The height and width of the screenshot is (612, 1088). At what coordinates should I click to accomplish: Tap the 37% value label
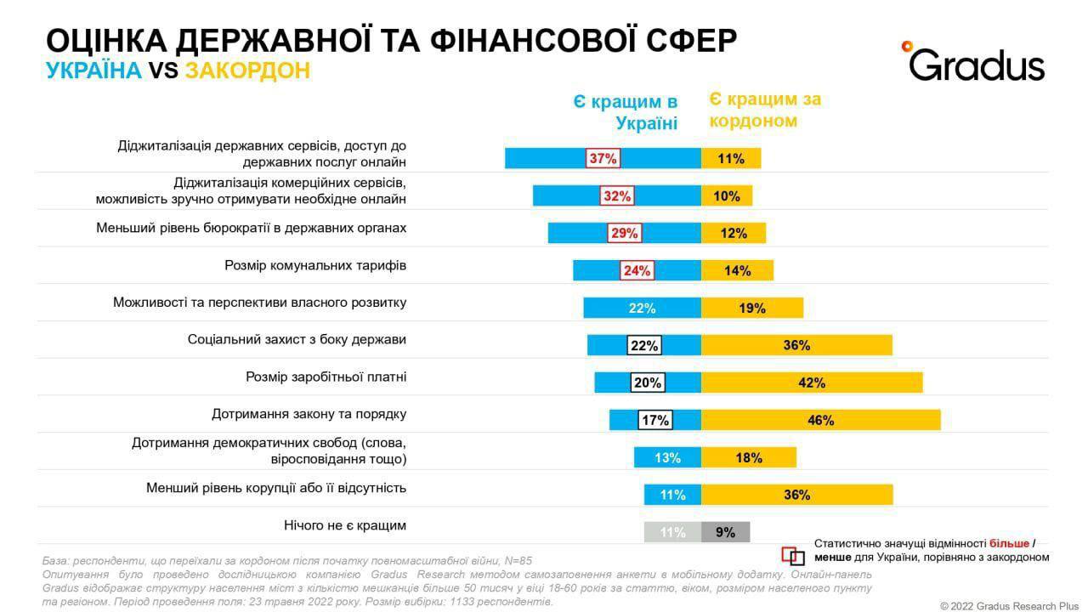[x=603, y=158]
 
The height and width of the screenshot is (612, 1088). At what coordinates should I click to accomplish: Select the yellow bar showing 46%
[x=821, y=420]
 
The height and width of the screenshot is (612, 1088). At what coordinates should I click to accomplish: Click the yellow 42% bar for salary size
[x=812, y=382]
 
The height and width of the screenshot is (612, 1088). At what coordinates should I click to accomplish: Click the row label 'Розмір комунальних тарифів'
[x=315, y=265]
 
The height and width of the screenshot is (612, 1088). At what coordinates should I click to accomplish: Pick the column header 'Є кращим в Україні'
[x=625, y=112]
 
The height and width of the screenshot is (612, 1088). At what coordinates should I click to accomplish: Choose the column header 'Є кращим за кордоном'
[x=765, y=110]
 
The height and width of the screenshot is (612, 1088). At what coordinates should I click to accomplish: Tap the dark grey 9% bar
[x=725, y=532]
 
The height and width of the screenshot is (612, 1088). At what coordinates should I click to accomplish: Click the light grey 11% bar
[x=672, y=532]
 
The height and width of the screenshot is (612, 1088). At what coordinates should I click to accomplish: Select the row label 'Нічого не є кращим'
[x=344, y=525]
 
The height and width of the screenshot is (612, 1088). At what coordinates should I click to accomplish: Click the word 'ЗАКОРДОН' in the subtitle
[x=247, y=71]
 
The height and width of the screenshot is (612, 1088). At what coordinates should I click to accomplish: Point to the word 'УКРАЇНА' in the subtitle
[x=93, y=71]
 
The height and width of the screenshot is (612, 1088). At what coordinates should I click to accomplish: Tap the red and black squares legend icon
[x=792, y=556]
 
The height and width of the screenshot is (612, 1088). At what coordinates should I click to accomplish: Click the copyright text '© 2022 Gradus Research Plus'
[x=1007, y=604]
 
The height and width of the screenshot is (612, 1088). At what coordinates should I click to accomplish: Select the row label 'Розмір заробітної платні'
[x=326, y=377]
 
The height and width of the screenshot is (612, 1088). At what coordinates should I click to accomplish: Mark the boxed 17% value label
[x=654, y=420]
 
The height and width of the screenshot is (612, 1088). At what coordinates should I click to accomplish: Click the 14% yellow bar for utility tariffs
[x=737, y=270]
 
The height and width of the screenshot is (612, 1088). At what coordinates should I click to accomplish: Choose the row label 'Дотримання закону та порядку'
[x=309, y=414]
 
